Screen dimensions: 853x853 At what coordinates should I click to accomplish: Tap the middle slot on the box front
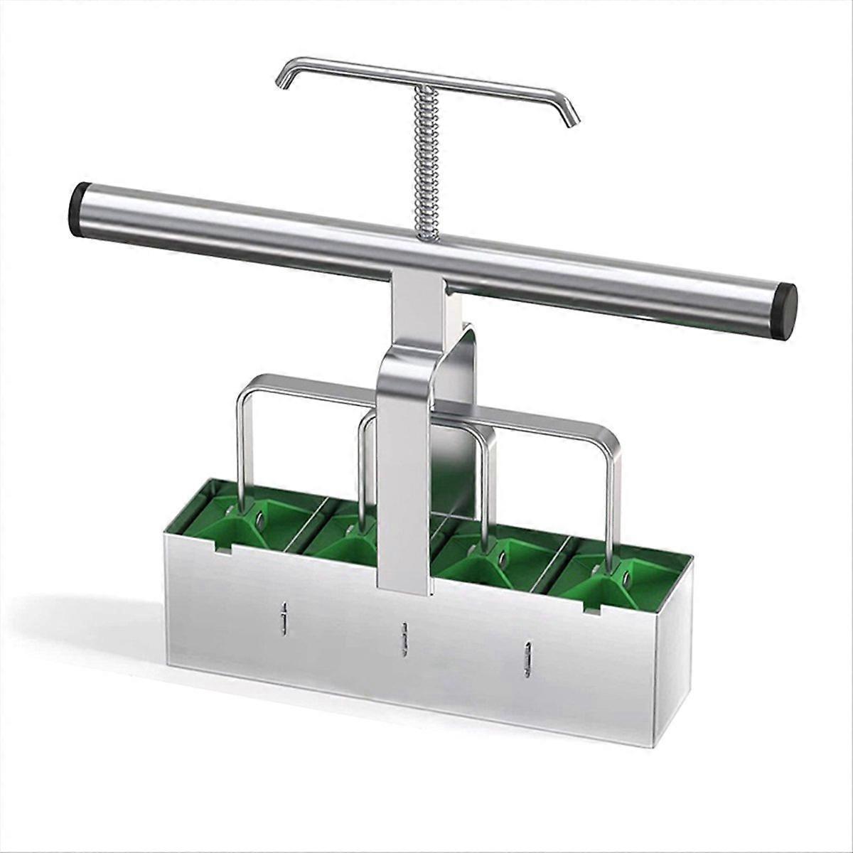(404, 638)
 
